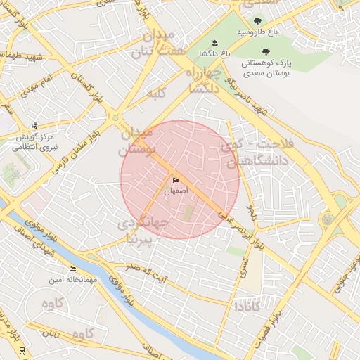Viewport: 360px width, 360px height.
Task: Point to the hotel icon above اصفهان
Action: point(176,181)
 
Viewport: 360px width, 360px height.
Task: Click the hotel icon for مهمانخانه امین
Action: point(72,269)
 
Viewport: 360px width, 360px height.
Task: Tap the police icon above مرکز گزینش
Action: point(34,127)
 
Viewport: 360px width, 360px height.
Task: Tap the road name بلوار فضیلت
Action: point(274,326)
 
